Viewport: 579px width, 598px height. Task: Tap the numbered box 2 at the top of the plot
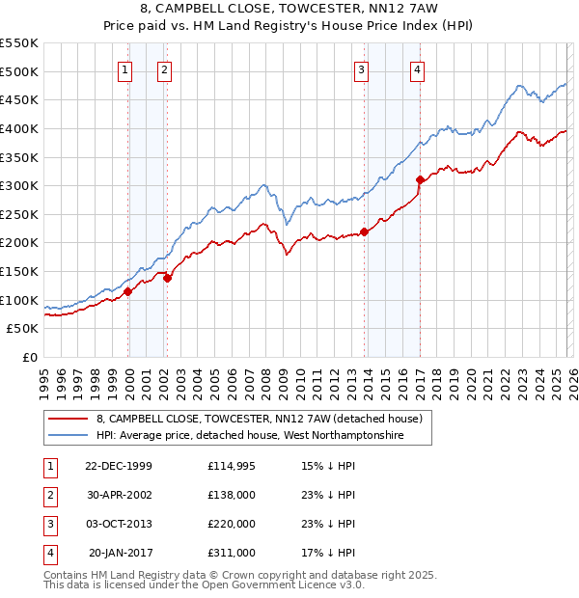pos(165,68)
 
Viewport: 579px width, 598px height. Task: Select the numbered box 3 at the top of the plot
pos(361,68)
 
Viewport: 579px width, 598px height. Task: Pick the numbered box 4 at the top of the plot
pos(417,68)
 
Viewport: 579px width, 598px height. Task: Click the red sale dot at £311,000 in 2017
pos(420,179)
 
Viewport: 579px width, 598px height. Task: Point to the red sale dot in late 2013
pos(364,231)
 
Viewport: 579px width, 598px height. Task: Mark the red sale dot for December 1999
pos(128,291)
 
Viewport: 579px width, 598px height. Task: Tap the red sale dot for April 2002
pos(168,278)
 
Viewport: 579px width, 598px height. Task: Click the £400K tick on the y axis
pos(19,128)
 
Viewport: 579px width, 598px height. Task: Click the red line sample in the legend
pos(68,420)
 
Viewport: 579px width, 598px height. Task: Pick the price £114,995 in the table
pos(232,465)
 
